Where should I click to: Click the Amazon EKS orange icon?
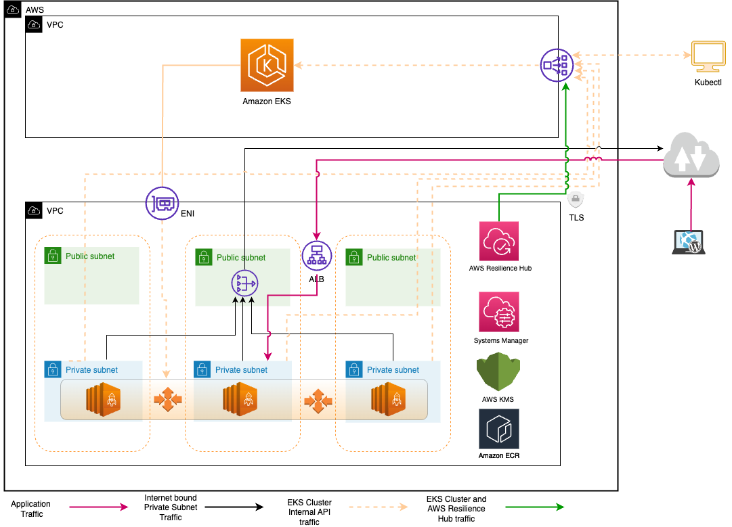click(x=267, y=66)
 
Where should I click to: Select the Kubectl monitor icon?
click(x=708, y=57)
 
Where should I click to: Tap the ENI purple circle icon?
click(x=162, y=203)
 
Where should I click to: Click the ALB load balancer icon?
click(x=317, y=256)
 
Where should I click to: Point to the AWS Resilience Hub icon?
click(x=499, y=241)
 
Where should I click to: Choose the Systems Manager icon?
click(x=499, y=312)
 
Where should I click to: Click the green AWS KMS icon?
click(x=498, y=371)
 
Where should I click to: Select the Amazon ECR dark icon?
click(x=499, y=429)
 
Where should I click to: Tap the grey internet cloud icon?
click(x=691, y=155)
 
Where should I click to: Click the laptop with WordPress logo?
click(x=689, y=242)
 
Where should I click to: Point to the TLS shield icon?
click(x=576, y=200)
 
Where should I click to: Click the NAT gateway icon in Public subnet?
click(x=244, y=283)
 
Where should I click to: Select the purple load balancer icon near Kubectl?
click(x=557, y=66)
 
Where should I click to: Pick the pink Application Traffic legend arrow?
click(x=98, y=507)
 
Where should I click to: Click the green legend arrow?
click(x=535, y=507)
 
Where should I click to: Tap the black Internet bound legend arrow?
click(x=234, y=507)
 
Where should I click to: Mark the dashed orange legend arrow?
click(x=379, y=507)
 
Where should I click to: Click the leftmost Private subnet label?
click(x=91, y=370)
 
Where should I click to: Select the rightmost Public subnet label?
click(x=391, y=258)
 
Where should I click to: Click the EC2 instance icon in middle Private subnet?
click(x=240, y=398)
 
